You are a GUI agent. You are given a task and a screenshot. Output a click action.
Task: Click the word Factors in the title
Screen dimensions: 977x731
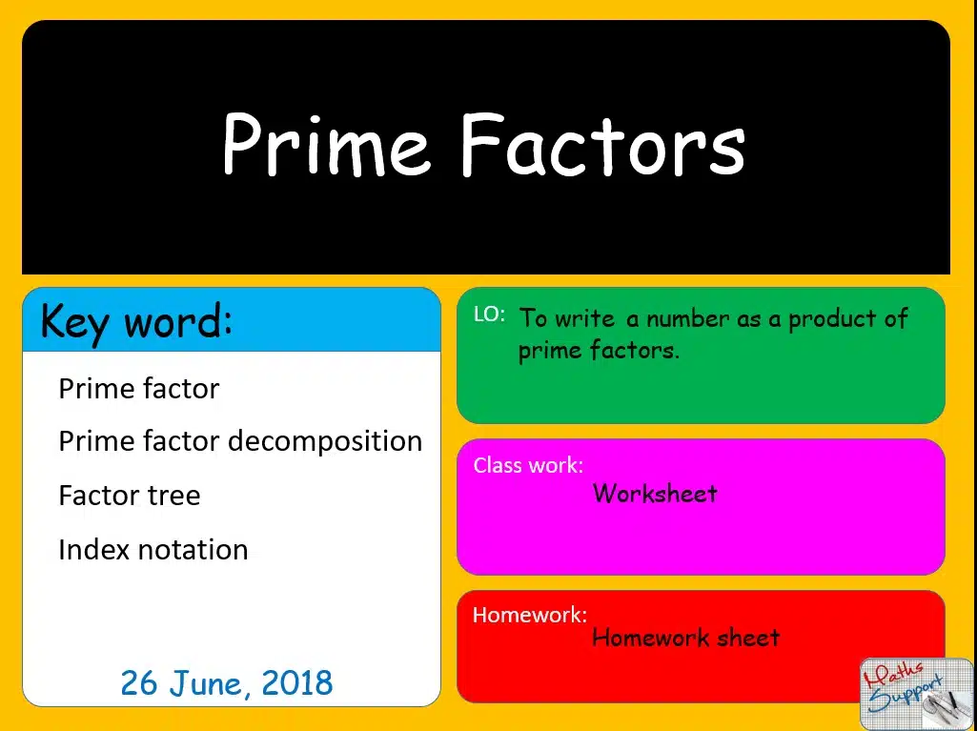[603, 145]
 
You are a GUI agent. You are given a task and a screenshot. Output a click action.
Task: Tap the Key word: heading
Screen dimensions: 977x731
[136, 321]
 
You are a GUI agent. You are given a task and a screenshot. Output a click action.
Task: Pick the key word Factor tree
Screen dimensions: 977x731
[130, 496]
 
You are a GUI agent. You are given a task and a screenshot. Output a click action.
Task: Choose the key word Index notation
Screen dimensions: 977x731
[153, 550]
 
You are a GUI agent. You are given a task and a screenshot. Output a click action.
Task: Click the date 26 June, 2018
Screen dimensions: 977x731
[227, 683]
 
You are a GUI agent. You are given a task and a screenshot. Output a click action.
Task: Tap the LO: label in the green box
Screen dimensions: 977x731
[489, 315]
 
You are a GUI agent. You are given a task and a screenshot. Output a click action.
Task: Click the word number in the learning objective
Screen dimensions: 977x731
[687, 319]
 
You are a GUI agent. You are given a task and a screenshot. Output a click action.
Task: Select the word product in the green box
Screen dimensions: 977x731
[831, 319]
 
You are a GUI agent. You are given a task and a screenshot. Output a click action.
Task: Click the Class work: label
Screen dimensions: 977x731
[528, 465]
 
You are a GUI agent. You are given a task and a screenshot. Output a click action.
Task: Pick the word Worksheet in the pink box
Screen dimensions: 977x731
[655, 494]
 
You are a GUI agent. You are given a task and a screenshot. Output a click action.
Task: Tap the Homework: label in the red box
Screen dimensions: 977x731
[530, 615]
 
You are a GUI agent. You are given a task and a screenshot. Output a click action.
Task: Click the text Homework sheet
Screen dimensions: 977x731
[686, 637]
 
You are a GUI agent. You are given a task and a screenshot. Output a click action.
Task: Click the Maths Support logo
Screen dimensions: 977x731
[916, 693]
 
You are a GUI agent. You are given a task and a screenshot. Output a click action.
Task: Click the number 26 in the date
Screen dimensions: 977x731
[139, 682]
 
